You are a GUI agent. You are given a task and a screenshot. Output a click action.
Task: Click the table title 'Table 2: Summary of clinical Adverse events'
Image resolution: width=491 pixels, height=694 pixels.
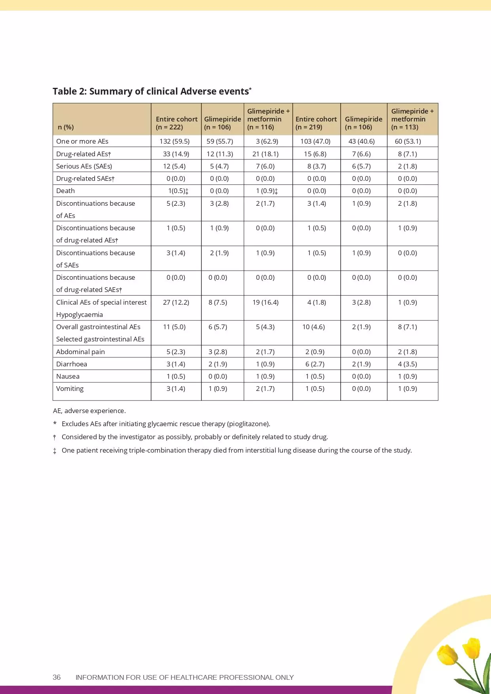point(152,91)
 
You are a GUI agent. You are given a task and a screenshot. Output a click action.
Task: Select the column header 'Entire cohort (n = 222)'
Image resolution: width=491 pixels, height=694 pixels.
point(176,123)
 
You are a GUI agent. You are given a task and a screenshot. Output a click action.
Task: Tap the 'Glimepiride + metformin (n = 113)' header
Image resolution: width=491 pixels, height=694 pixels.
point(412,119)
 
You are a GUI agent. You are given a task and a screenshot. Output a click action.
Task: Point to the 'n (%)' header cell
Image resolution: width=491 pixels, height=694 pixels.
point(66,127)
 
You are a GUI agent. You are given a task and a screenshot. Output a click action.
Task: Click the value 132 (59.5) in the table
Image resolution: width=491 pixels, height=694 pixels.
point(174,141)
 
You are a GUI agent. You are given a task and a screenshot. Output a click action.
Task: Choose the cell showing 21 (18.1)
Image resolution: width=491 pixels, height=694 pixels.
point(265,154)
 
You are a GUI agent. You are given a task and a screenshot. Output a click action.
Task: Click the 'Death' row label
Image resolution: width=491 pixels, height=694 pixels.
point(65,191)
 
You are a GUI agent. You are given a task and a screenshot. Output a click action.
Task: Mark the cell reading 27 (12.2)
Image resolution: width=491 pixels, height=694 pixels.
point(176,302)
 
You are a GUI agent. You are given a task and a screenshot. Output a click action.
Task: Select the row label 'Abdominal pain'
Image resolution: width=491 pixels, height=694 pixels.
point(80,352)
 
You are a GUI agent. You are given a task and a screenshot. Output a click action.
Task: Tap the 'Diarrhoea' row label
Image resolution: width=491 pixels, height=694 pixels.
point(72,364)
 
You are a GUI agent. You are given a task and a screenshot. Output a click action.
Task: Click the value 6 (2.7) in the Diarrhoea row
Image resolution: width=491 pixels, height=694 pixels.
point(315,364)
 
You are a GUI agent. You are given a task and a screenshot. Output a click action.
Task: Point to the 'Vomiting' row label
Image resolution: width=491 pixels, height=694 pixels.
point(70,389)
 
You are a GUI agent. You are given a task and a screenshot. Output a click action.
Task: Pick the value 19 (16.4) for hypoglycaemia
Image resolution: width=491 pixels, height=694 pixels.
point(265,302)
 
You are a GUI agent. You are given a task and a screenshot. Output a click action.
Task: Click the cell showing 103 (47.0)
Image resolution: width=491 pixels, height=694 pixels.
point(315,141)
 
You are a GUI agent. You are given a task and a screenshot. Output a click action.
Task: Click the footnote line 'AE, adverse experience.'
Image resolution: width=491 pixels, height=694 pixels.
point(89,411)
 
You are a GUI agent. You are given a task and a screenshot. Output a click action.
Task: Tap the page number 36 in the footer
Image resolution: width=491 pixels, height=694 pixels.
point(57,677)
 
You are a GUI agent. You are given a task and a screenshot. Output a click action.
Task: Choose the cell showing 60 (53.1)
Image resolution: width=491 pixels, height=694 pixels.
point(408,141)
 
